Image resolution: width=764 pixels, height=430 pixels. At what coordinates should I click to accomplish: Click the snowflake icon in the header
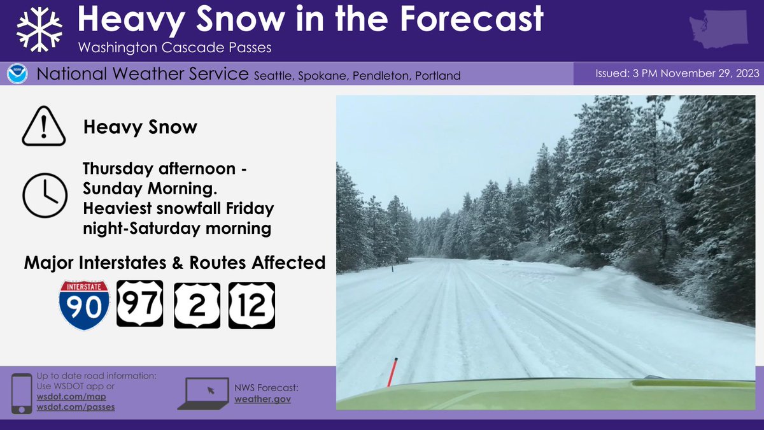tap(38, 31)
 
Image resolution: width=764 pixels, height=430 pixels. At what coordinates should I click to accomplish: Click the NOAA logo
tap(17, 75)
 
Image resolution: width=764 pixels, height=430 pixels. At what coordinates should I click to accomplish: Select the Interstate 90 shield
tap(84, 305)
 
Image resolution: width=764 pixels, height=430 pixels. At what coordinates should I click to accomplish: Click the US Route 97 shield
tap(139, 304)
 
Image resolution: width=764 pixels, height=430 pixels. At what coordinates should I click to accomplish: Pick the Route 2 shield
tap(197, 305)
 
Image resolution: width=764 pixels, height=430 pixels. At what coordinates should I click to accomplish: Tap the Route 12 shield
tap(251, 305)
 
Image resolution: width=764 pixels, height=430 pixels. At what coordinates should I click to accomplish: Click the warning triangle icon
tap(44, 127)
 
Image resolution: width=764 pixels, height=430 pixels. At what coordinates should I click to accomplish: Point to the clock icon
tap(44, 195)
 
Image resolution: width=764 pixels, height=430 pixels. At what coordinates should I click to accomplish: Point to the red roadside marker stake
tap(393, 371)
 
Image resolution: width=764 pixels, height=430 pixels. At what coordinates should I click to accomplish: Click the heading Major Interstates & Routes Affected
tap(174, 262)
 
